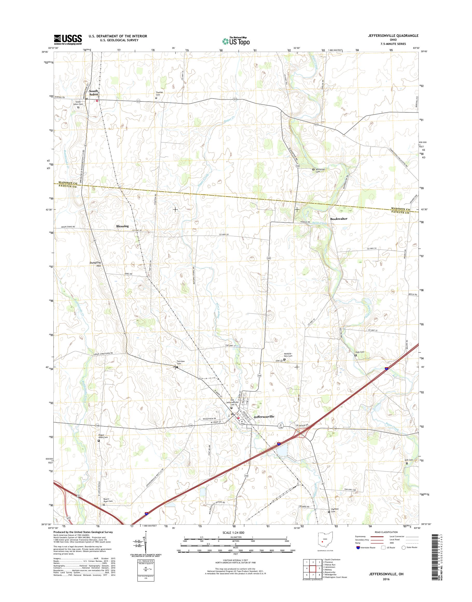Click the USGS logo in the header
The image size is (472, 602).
pos(68,39)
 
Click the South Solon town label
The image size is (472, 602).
pos(93,93)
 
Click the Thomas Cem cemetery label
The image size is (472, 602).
pos(159,93)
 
